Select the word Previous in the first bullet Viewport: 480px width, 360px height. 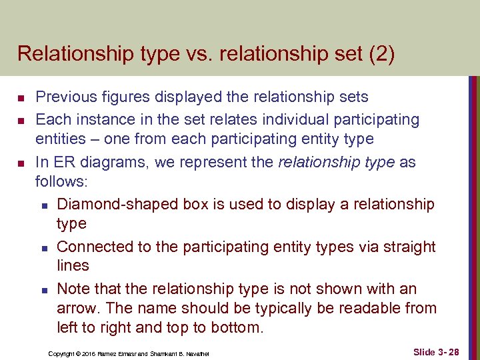click(66, 97)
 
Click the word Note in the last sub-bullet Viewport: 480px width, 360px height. click(73, 289)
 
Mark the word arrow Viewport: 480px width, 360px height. click(77, 308)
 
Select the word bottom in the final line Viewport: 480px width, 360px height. click(237, 327)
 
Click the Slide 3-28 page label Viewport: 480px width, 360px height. click(436, 351)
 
